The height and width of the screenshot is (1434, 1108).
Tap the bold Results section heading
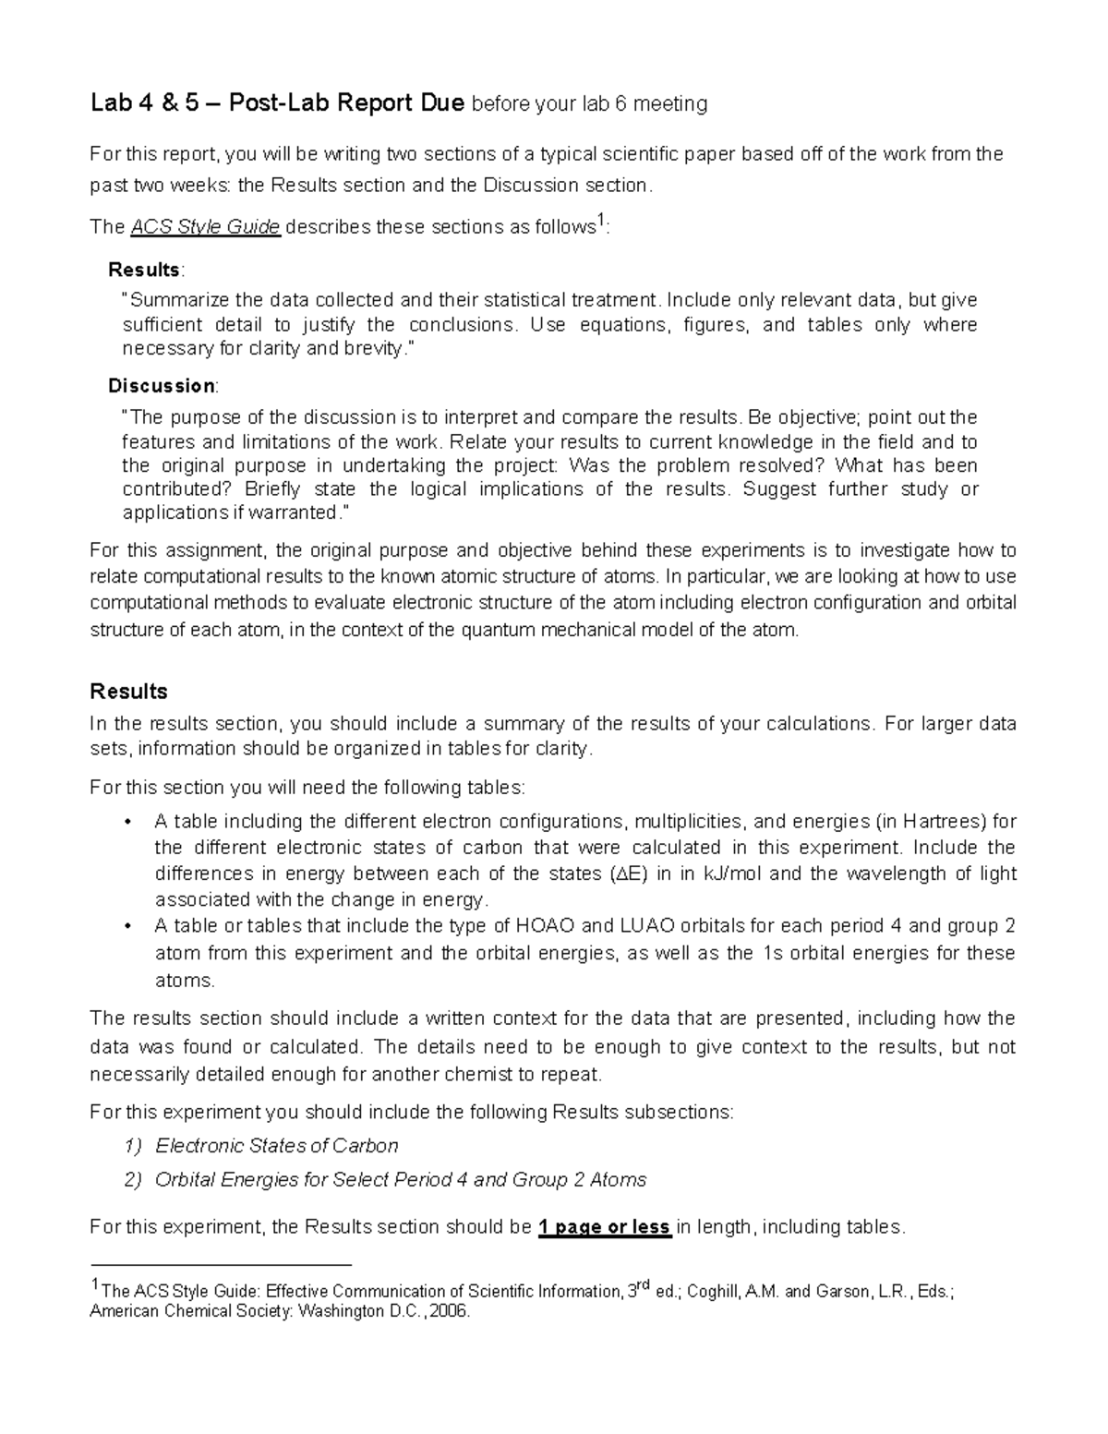(x=128, y=691)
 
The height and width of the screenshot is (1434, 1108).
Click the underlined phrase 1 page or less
(x=604, y=1227)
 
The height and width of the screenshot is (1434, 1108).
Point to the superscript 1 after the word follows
(x=600, y=221)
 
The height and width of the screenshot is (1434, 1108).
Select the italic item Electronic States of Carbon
(x=276, y=1146)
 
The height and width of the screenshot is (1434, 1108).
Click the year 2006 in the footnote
(x=450, y=1311)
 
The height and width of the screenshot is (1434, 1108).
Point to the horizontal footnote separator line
(x=222, y=1264)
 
